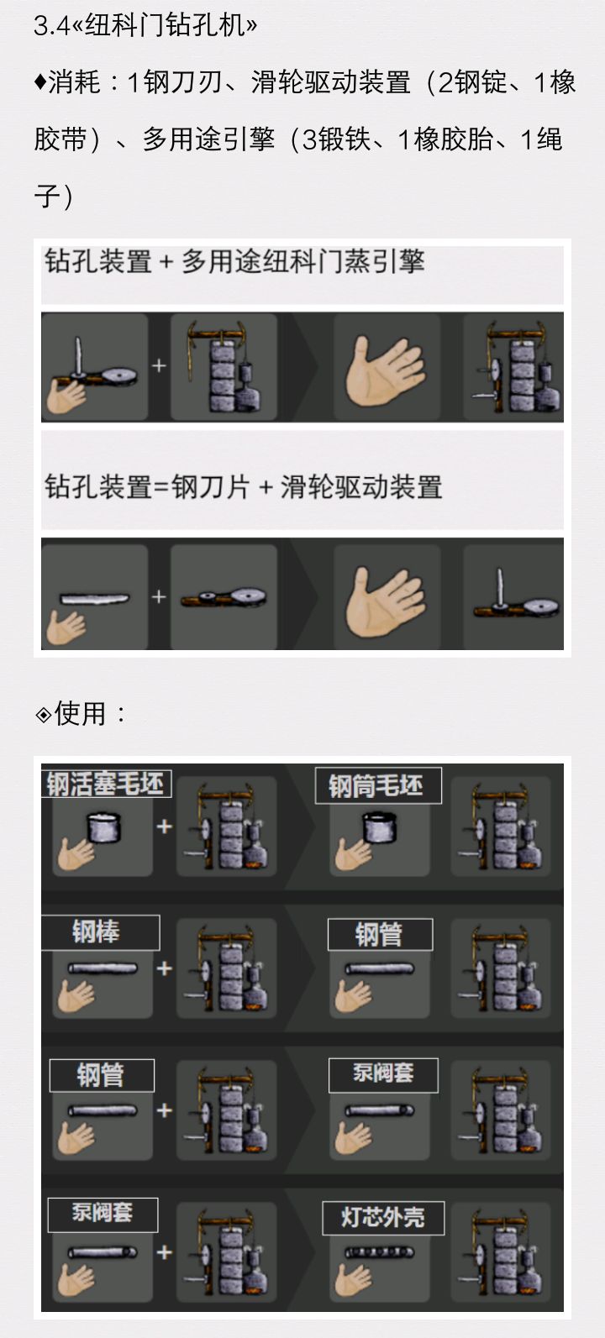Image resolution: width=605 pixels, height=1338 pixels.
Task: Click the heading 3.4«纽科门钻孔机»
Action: pos(145,26)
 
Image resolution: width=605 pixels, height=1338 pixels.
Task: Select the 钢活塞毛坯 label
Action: pos(105,784)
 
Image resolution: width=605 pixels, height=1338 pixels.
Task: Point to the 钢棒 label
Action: pos(97,931)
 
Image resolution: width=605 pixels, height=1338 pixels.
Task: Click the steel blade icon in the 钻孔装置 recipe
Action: pos(94,598)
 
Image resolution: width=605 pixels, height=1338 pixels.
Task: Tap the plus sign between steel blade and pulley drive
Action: pos(159,596)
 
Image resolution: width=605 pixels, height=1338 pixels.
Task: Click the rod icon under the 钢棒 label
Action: pos(103,968)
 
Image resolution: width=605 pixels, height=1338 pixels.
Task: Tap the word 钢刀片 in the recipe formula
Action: pos(210,487)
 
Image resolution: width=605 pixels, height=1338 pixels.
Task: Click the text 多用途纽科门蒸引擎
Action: pos(303,261)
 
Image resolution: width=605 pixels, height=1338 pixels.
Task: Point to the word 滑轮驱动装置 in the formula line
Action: pos(361,487)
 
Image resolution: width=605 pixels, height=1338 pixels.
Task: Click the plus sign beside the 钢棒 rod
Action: pos(165,968)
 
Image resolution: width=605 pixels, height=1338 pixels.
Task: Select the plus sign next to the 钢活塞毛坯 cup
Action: pos(165,826)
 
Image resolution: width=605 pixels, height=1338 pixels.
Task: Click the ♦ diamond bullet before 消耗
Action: pos(40,82)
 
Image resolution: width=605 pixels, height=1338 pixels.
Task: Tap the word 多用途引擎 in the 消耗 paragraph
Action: pos(208,139)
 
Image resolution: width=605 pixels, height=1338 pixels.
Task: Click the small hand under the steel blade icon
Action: pos(66,627)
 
